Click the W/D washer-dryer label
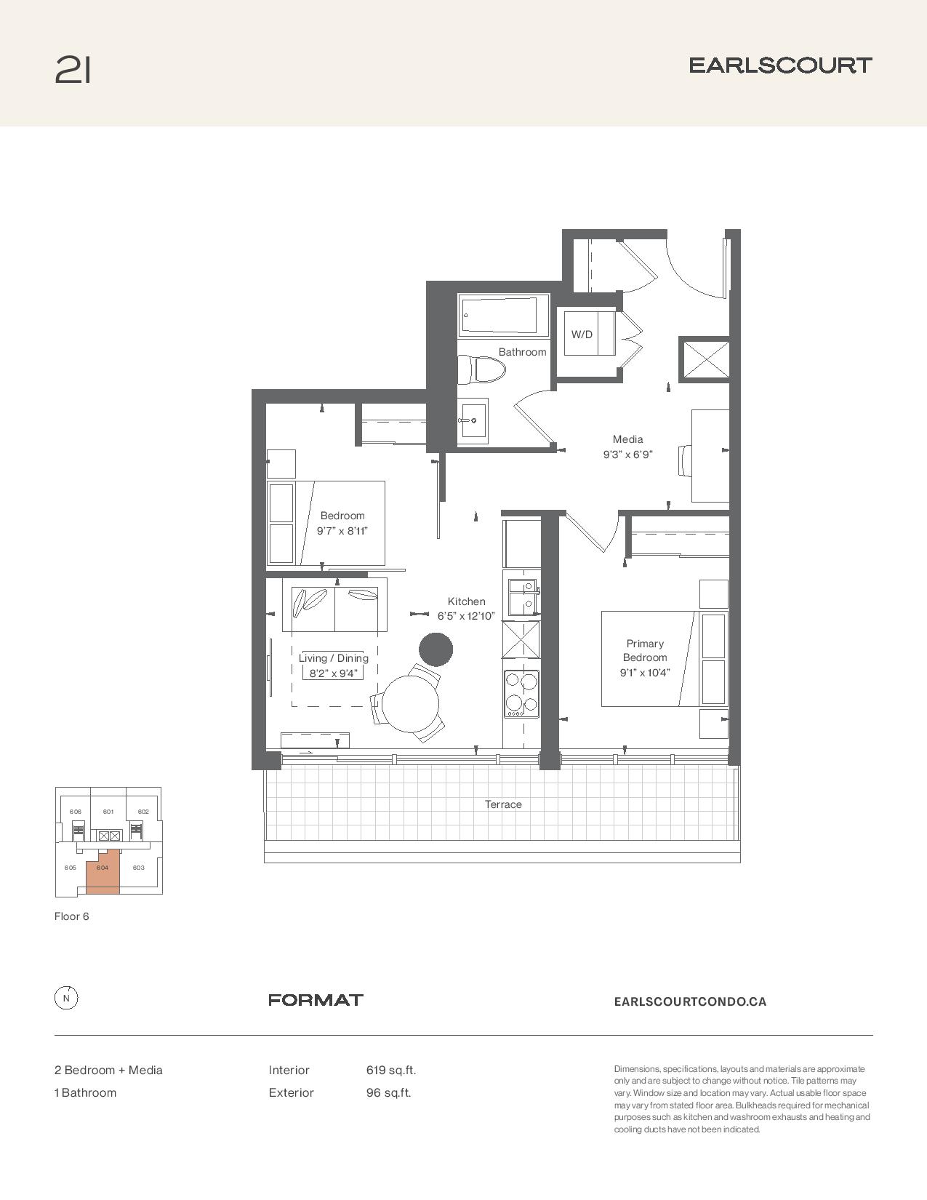point(582,334)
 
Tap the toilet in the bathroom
point(482,370)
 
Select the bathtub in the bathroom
point(500,316)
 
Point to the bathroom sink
point(473,420)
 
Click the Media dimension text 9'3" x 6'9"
point(627,455)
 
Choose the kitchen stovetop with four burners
point(521,694)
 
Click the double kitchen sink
point(522,598)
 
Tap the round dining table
point(411,704)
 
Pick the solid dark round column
point(436,649)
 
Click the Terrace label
point(503,804)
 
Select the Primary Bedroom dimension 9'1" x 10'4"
point(645,673)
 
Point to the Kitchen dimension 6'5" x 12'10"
point(466,616)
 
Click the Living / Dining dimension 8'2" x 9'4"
point(334,673)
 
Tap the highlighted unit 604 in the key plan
point(103,871)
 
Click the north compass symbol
point(66,999)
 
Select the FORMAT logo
point(316,1000)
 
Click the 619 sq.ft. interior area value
point(391,1071)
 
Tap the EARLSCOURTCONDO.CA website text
point(690,1001)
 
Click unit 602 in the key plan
point(143,811)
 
